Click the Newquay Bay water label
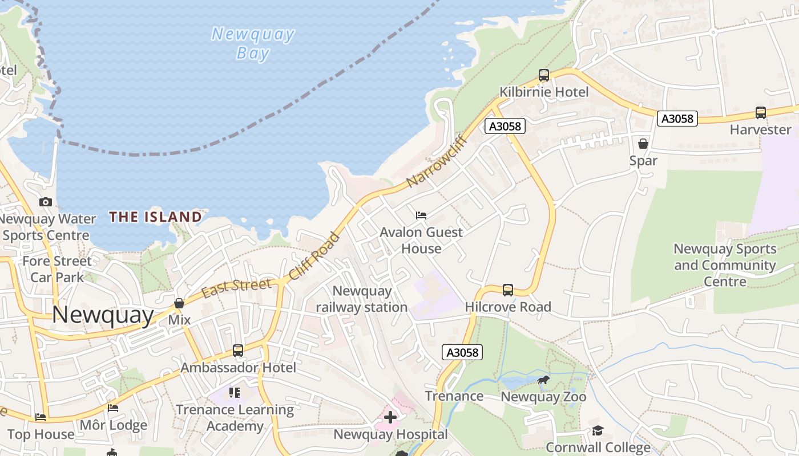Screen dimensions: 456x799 [x=253, y=43]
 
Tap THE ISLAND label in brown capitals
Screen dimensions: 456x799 [x=156, y=217]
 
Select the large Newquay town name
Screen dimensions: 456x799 [x=103, y=315]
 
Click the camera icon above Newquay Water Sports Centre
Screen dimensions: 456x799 [x=46, y=202]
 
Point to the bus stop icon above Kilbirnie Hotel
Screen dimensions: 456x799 [x=543, y=75]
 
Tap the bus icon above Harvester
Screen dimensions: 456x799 [x=760, y=113]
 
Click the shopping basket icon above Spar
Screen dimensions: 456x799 [x=643, y=144]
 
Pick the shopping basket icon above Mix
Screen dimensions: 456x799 [x=179, y=303]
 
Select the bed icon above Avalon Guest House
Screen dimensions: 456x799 [x=421, y=215]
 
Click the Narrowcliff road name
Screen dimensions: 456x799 [x=437, y=161]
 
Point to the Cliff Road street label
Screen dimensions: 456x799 [x=314, y=256]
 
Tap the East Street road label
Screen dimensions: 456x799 [x=236, y=288]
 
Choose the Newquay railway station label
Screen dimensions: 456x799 [x=362, y=299]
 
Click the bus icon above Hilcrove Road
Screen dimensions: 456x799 [x=508, y=290]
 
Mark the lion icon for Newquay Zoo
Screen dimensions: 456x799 [x=543, y=380]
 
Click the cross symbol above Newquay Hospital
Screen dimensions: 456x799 [x=390, y=418]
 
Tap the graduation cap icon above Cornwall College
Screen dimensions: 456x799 [x=598, y=431]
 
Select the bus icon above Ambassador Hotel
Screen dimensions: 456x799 [x=238, y=351]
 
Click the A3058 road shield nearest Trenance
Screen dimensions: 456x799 [x=462, y=352]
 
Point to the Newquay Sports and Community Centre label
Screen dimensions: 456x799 [x=725, y=265]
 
